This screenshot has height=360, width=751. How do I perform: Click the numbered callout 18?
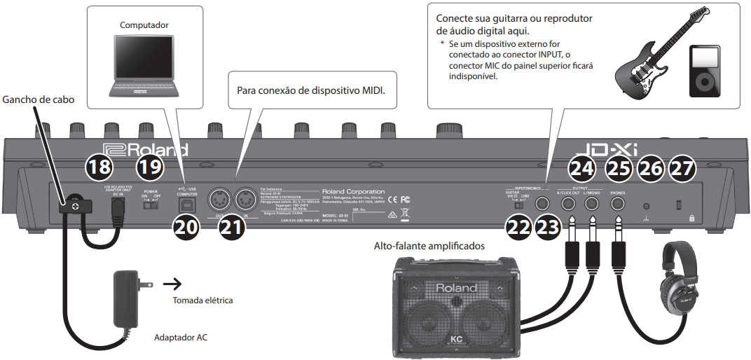[x=98, y=168]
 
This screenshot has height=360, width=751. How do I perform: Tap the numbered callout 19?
[x=149, y=168]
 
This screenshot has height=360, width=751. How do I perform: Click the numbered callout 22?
[x=518, y=228]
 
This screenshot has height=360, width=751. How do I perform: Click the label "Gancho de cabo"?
[x=38, y=99]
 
